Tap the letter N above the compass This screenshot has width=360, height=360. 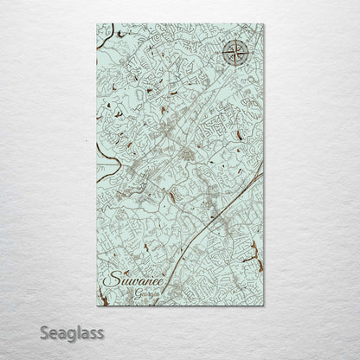pyautogui.click(x=235, y=40)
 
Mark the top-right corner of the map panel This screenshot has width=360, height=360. pyautogui.click(x=263, y=24)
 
